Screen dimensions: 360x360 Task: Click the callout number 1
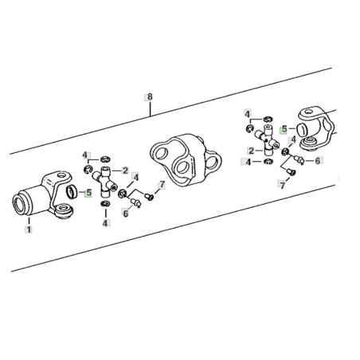tap(29, 229)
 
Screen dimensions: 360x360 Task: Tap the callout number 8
tap(150, 97)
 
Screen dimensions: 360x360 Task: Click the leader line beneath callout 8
tap(150, 109)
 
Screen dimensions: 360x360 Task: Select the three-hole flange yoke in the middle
tap(186, 160)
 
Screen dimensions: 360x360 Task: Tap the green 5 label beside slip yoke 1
tap(88, 193)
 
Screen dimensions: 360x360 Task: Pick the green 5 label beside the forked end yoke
tap(284, 130)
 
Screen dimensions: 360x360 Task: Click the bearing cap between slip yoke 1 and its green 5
tap(71, 192)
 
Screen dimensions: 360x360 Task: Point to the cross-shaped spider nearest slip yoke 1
tap(105, 182)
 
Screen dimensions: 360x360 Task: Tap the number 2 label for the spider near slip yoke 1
tap(125, 170)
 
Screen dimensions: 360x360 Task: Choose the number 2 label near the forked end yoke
tap(251, 151)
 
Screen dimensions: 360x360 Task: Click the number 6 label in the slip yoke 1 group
tap(126, 213)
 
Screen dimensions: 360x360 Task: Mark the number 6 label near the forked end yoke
tap(317, 161)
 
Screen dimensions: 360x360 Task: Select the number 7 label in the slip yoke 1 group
tap(162, 185)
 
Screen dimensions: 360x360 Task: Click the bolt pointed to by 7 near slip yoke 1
tap(149, 197)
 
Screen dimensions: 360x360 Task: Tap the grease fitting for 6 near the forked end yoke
tap(299, 160)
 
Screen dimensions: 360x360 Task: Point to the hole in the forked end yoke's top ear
tap(308, 112)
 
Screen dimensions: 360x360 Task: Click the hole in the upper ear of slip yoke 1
tap(61, 175)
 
